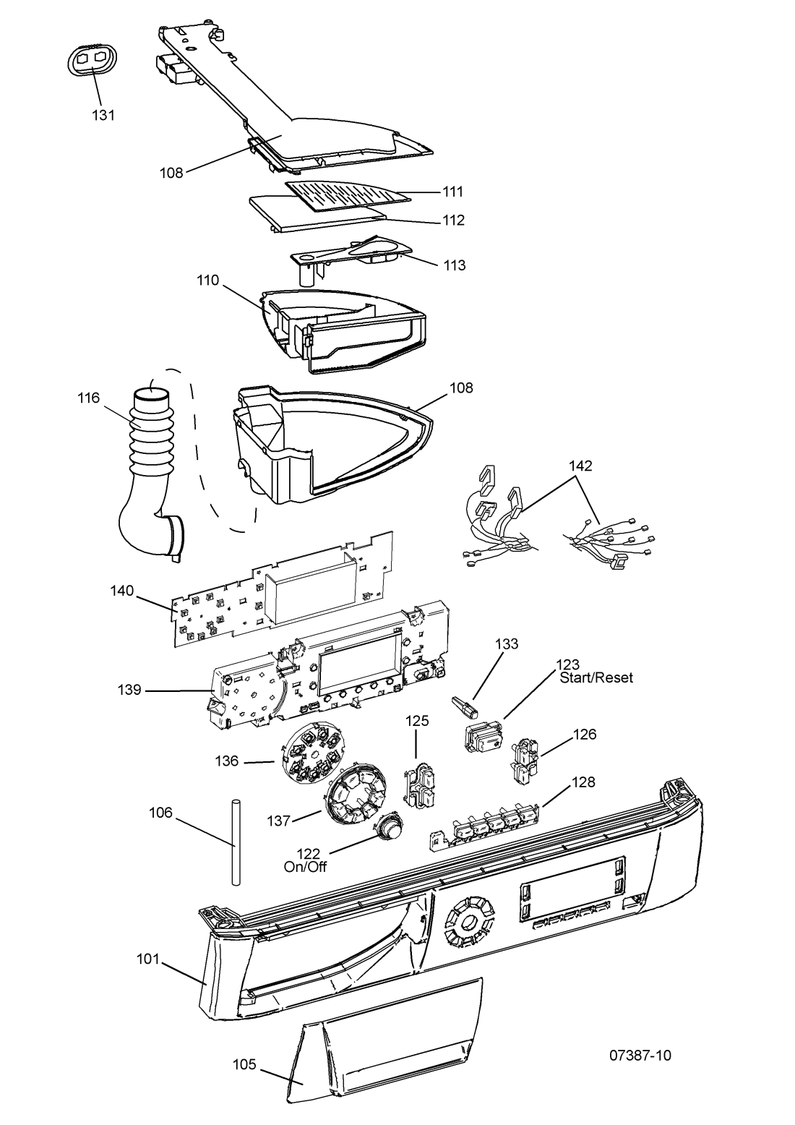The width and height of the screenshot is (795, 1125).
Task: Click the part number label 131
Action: point(103,115)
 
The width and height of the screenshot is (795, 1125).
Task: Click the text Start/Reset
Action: point(596,677)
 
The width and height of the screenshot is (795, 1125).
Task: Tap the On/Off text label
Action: point(305,867)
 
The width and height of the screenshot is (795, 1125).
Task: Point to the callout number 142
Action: point(580,466)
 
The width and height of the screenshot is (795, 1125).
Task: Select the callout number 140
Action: point(122,591)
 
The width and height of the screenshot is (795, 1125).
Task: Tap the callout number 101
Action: point(148,959)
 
